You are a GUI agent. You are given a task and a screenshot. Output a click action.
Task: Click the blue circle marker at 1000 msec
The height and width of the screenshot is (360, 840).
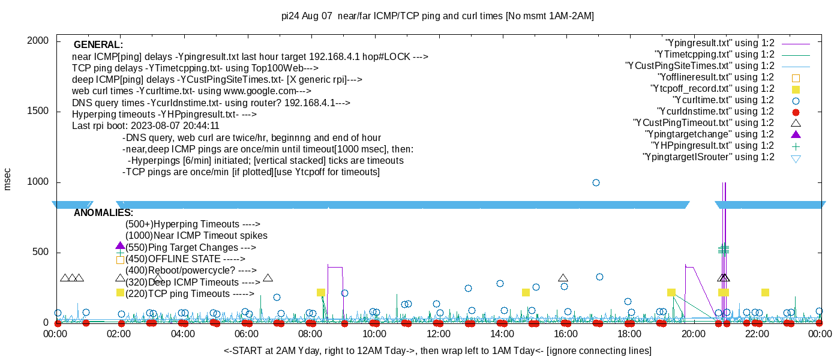pyautogui.click(x=596, y=182)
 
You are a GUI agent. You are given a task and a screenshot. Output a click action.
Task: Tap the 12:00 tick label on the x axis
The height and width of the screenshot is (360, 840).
pyautogui.click(x=438, y=334)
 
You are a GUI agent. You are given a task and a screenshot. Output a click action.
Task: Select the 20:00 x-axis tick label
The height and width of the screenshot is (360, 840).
pyautogui.click(x=693, y=334)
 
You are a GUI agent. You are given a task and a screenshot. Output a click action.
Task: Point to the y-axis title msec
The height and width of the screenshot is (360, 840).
pyautogui.click(x=8, y=179)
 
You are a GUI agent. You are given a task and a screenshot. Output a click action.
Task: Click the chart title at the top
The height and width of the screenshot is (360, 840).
pyautogui.click(x=437, y=16)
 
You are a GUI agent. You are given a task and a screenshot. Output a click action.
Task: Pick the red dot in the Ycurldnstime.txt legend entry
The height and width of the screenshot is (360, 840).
pyautogui.click(x=796, y=112)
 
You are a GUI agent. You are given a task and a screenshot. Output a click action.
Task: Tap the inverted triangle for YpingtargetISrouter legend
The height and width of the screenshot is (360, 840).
pyautogui.click(x=796, y=158)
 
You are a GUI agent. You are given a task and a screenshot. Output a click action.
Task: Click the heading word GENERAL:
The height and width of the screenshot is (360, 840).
pyautogui.click(x=98, y=45)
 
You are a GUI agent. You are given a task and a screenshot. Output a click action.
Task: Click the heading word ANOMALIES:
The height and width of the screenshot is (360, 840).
pyautogui.click(x=103, y=213)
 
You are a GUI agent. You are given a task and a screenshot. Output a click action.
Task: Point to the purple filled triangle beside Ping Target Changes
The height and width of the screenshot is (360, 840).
pyautogui.click(x=120, y=246)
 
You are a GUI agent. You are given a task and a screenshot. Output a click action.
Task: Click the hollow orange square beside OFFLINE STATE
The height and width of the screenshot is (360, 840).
pyautogui.click(x=120, y=260)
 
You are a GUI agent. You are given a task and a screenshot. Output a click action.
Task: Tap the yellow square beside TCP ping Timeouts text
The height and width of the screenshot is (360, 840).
pyautogui.click(x=120, y=293)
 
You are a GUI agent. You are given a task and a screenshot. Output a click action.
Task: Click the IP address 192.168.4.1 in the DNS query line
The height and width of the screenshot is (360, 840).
pyautogui.click(x=310, y=103)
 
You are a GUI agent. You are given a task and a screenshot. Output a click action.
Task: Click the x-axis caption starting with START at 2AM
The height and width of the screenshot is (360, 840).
pyautogui.click(x=437, y=350)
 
